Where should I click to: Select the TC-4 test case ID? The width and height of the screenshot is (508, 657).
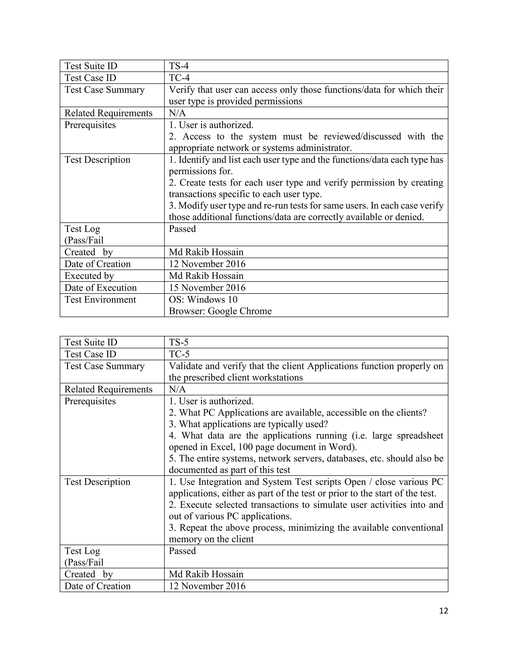tap(179, 78)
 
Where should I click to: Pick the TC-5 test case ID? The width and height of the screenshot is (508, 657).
tap(179, 354)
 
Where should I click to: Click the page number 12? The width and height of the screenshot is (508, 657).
tap(443, 610)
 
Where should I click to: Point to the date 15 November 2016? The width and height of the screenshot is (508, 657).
tap(207, 288)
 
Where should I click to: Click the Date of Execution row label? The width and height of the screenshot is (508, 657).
tap(100, 288)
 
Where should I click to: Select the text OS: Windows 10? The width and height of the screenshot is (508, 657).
tap(203, 299)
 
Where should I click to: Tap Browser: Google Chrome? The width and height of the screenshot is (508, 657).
tap(220, 311)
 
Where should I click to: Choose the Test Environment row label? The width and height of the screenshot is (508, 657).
tap(100, 299)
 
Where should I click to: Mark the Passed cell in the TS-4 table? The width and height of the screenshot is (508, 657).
tap(182, 229)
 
